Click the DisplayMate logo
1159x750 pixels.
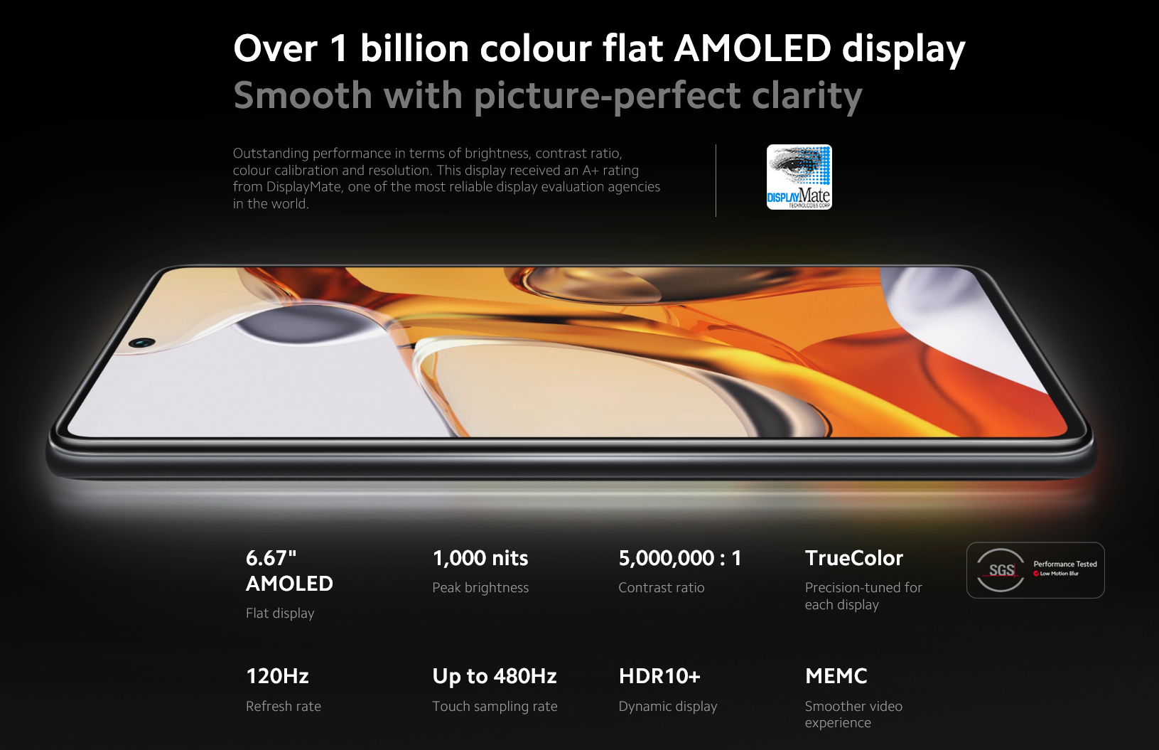(799, 177)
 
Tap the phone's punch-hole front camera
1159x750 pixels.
(143, 342)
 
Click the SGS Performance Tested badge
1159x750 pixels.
(1035, 570)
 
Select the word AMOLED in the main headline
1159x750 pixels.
(753, 48)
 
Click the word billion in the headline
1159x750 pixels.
(414, 48)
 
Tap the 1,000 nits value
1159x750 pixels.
(480, 558)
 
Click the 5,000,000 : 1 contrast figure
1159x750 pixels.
(680, 558)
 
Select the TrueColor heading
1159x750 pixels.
(853, 558)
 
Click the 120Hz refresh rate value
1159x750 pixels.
(277, 676)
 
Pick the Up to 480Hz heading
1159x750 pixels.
(494, 676)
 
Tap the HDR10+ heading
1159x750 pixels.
(659, 676)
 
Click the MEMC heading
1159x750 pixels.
(836, 676)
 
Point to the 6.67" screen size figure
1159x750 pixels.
(271, 558)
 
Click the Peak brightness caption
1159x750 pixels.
(480, 587)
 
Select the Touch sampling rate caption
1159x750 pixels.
(495, 707)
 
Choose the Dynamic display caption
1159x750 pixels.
(668, 707)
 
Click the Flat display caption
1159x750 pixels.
(280, 614)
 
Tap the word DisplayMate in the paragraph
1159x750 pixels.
(304, 187)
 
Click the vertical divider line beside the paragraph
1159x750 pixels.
(716, 180)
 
